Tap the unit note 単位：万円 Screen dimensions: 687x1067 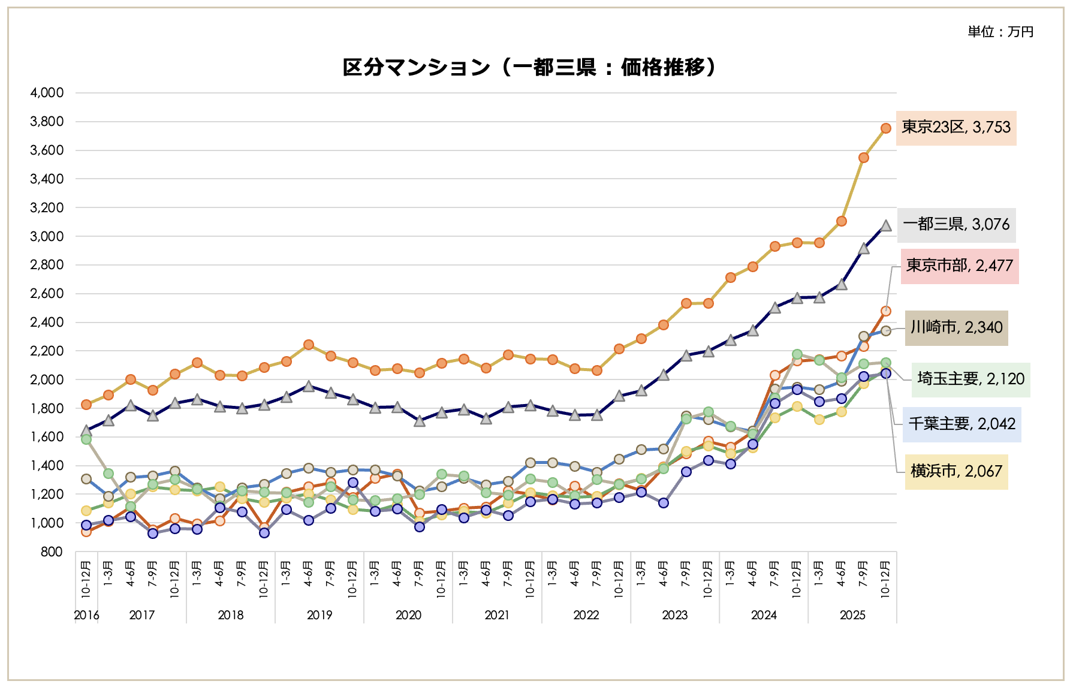(1000, 32)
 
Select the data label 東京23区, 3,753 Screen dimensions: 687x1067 (956, 128)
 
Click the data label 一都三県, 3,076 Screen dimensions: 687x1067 (956, 225)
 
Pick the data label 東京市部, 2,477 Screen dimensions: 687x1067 (959, 266)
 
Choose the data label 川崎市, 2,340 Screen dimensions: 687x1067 (956, 328)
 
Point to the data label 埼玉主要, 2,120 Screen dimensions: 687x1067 (970, 379)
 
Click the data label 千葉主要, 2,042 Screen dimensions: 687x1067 (961, 424)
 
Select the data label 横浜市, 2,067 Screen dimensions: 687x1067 (956, 472)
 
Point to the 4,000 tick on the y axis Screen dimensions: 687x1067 (47, 93)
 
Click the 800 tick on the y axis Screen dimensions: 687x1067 (52, 552)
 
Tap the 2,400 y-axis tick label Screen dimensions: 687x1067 (47, 323)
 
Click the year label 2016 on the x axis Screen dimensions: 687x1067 (86, 615)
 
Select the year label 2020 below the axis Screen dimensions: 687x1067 (408, 615)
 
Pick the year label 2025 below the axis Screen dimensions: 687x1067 (852, 615)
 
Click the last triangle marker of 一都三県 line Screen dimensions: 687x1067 (886, 225)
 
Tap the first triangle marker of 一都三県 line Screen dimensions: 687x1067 (86, 430)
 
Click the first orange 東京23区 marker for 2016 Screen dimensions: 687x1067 (86, 405)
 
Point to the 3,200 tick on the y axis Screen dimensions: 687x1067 (47, 208)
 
